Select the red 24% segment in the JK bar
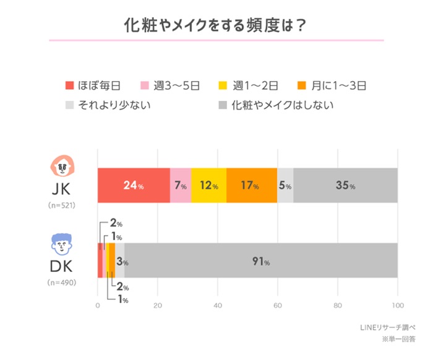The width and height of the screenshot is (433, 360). point(134,185)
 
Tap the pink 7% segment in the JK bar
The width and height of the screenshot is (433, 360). point(181,185)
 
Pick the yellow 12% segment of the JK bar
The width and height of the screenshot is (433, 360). point(208,185)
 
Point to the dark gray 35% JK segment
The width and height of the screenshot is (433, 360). point(345,185)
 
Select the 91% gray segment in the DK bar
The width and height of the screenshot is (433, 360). point(260,260)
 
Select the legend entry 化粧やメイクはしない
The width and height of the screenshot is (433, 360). point(276,105)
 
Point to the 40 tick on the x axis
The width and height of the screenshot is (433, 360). point(218,306)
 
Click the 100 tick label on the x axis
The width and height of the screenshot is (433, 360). point(397,306)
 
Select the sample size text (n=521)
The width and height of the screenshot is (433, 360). point(61,205)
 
